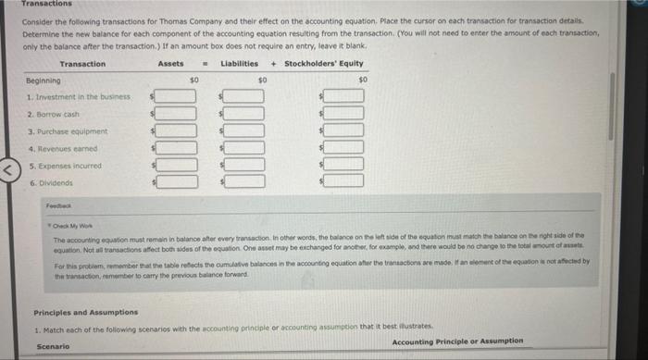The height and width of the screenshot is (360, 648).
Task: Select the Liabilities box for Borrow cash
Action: pyautogui.click(x=245, y=114)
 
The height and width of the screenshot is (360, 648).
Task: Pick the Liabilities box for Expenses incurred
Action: pyautogui.click(x=245, y=164)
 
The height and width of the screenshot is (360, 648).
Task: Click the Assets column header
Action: pyautogui.click(x=170, y=64)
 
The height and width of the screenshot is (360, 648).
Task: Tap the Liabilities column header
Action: pyautogui.click(x=239, y=64)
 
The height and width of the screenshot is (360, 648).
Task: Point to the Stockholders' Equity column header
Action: pyautogui.click(x=324, y=64)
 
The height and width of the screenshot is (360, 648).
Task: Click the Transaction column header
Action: pyautogui.click(x=82, y=64)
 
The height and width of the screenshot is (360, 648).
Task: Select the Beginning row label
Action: pyautogui.click(x=43, y=81)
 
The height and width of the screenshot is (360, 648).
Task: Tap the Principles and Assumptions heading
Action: pyautogui.click(x=86, y=312)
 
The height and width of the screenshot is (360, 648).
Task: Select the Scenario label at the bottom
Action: pyautogui.click(x=52, y=346)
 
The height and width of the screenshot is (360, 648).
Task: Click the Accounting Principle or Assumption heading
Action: pyautogui.click(x=457, y=341)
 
